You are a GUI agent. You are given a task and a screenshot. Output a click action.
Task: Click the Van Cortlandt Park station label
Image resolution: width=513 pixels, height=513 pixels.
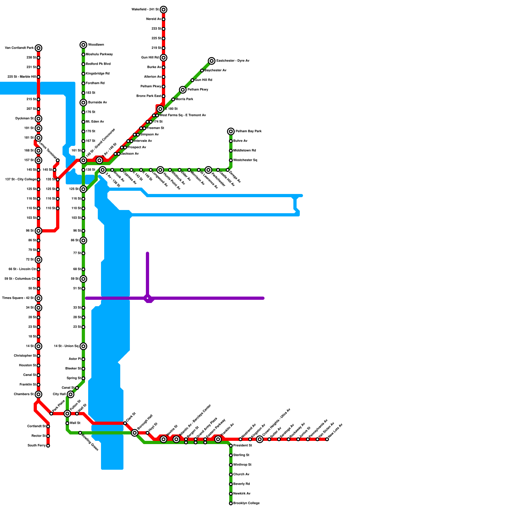19,48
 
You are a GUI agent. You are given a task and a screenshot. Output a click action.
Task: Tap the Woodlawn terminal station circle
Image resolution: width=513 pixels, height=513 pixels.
83,45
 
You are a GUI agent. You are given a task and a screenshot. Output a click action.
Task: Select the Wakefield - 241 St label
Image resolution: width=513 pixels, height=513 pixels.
145,10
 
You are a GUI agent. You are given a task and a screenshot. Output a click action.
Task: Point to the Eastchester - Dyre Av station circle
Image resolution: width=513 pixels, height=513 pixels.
212,61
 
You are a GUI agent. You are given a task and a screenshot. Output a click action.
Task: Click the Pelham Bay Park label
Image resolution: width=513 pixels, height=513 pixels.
248,131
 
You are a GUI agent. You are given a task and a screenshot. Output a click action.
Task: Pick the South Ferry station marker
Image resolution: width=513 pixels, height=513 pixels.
48,446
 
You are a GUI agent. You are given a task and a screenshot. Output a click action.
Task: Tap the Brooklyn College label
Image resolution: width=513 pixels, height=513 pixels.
246,503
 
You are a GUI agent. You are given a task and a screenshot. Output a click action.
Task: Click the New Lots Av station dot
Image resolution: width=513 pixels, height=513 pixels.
327,439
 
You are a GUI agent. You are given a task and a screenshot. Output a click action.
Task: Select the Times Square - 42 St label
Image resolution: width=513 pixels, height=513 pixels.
18,298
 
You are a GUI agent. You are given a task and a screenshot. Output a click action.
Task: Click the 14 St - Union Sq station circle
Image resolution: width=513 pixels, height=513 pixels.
83,346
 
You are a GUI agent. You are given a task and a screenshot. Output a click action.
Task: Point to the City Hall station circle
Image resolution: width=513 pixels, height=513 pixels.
71,394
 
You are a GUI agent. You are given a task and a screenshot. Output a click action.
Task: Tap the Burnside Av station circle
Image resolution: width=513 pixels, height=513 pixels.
83,103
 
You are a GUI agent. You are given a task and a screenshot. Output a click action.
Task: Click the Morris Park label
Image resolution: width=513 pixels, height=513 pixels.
184,99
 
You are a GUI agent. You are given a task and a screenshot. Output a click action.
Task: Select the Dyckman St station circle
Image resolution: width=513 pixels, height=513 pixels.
38,119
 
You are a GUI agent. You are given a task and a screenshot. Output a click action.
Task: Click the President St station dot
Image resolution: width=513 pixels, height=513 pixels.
231,446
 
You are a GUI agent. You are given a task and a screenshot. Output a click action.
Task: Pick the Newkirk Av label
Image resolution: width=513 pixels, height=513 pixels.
242,494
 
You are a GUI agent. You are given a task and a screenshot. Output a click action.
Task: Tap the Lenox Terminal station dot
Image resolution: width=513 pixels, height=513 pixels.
58,160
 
